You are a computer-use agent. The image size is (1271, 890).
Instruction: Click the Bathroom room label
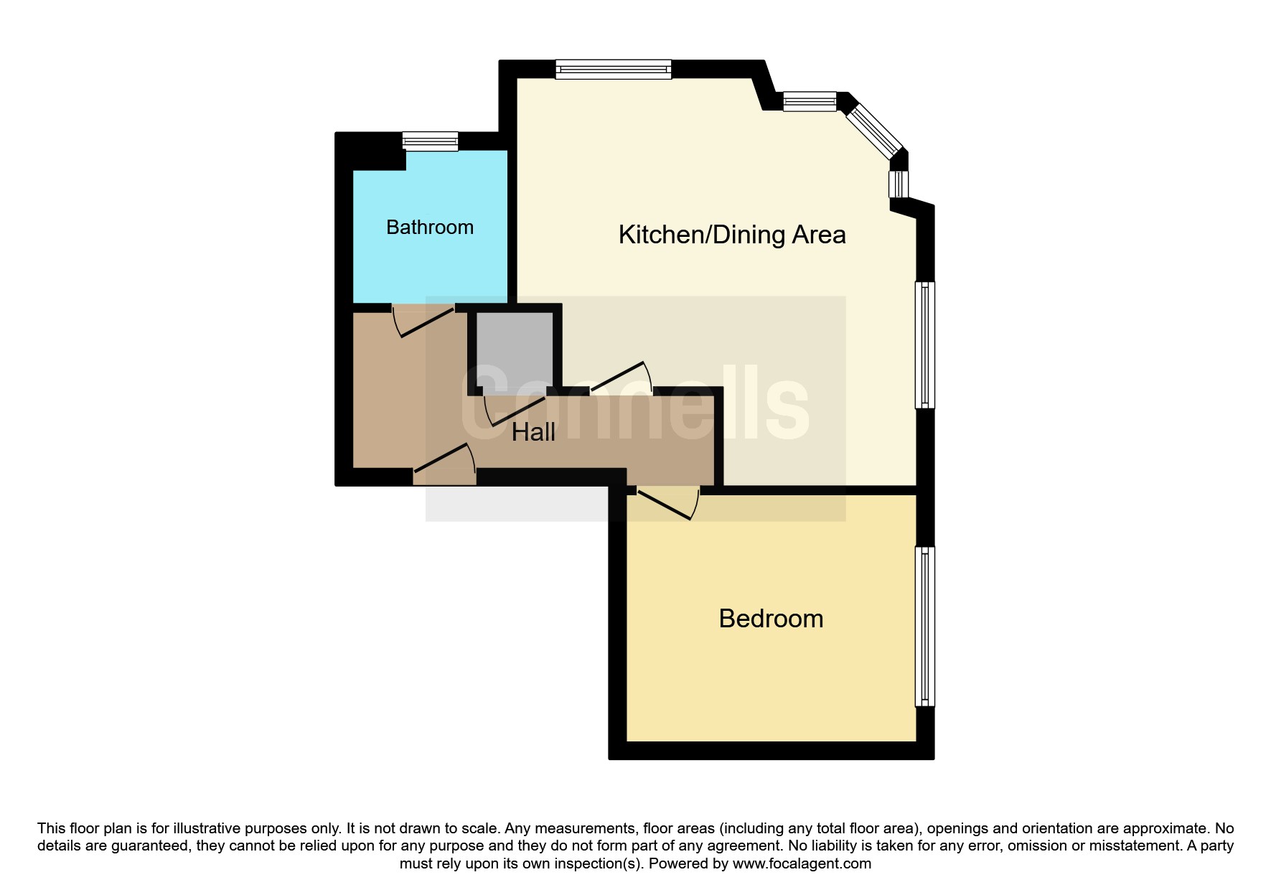point(430,228)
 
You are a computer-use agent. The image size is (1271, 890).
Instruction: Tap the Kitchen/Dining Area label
point(732,235)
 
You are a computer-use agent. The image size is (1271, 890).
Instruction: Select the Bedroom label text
point(771,619)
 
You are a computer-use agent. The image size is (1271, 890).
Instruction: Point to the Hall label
point(533,432)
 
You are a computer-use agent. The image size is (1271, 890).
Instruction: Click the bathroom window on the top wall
point(430,141)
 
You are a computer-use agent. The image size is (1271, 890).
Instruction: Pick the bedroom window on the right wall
point(925,627)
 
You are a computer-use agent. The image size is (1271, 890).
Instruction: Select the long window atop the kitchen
point(614,69)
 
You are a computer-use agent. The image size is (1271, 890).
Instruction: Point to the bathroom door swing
point(423,321)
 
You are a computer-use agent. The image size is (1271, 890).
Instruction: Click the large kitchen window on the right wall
point(925,345)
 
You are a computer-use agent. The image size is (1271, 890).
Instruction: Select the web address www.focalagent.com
point(802,863)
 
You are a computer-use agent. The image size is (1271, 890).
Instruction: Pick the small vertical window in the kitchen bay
point(899,184)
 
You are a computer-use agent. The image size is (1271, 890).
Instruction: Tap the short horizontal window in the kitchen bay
point(810,101)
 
